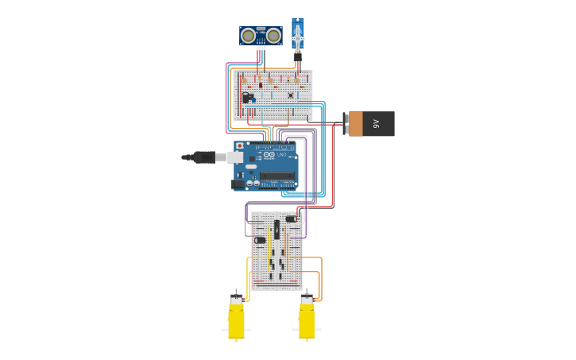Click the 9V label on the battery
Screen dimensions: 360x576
[377, 124]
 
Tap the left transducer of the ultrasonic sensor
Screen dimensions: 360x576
[249, 35]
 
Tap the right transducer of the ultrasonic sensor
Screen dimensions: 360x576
[273, 35]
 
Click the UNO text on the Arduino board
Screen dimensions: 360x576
[281, 155]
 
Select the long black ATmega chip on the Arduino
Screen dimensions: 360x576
[276, 176]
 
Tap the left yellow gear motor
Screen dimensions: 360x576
[236, 319]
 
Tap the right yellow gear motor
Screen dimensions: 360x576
[307, 319]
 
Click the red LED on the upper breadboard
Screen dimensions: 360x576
[261, 85]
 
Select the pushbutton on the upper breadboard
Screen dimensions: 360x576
[291, 95]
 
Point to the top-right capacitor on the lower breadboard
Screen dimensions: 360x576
[291, 219]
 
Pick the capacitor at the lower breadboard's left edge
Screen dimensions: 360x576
[261, 240]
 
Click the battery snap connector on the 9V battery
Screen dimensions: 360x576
[346, 124]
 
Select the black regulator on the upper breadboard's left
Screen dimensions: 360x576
[251, 95]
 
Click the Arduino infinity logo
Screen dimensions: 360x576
[269, 155]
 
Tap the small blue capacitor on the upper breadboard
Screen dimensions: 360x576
[253, 100]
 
